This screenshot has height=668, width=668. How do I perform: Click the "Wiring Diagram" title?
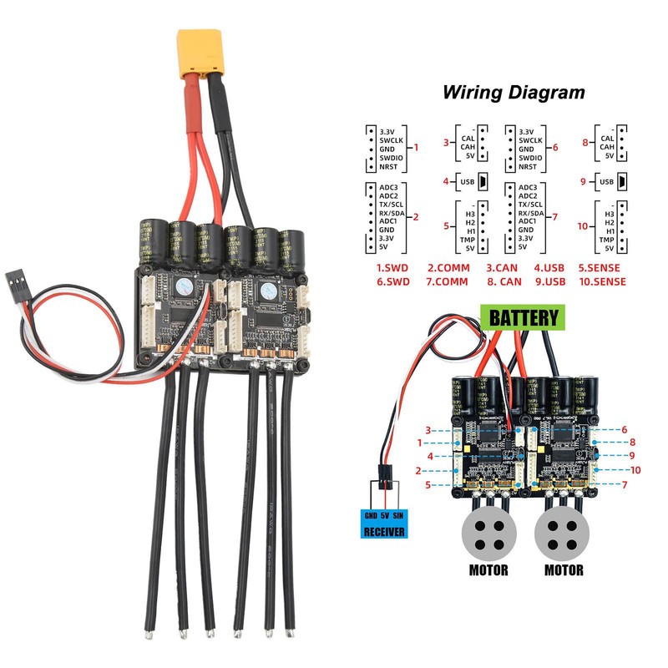click(x=513, y=92)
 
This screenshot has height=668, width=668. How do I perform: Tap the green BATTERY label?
click(x=523, y=317)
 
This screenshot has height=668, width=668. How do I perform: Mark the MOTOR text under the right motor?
click(x=563, y=571)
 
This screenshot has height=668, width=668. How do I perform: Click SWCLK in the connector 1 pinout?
click(x=392, y=140)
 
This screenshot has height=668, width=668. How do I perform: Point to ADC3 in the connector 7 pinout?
click(x=528, y=187)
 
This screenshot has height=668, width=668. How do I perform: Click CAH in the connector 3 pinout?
click(x=468, y=147)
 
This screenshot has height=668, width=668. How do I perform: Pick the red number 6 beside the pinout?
click(x=555, y=147)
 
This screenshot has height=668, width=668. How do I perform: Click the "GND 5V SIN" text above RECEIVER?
click(x=383, y=515)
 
